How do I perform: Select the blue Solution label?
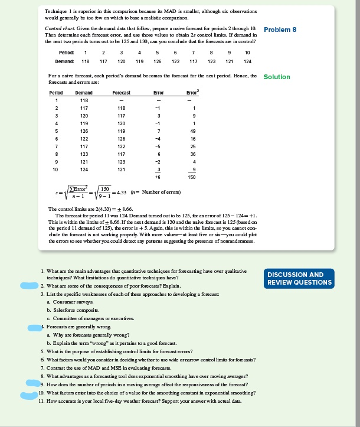point(276,77)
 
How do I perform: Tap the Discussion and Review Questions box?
point(300,278)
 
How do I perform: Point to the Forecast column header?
point(121,93)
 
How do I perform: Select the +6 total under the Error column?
point(158,177)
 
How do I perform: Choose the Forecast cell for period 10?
point(120,169)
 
